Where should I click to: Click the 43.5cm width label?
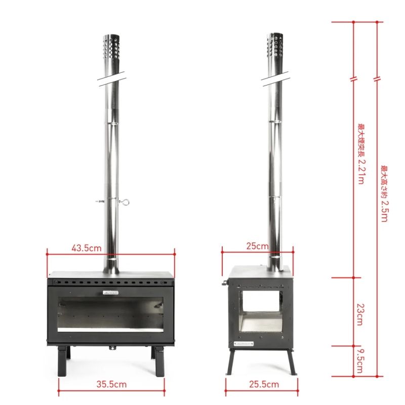(87, 248)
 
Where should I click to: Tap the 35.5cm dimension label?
(112, 384)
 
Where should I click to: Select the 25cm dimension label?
(258, 247)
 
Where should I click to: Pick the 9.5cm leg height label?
(359, 360)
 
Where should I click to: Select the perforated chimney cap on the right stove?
(275, 48)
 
